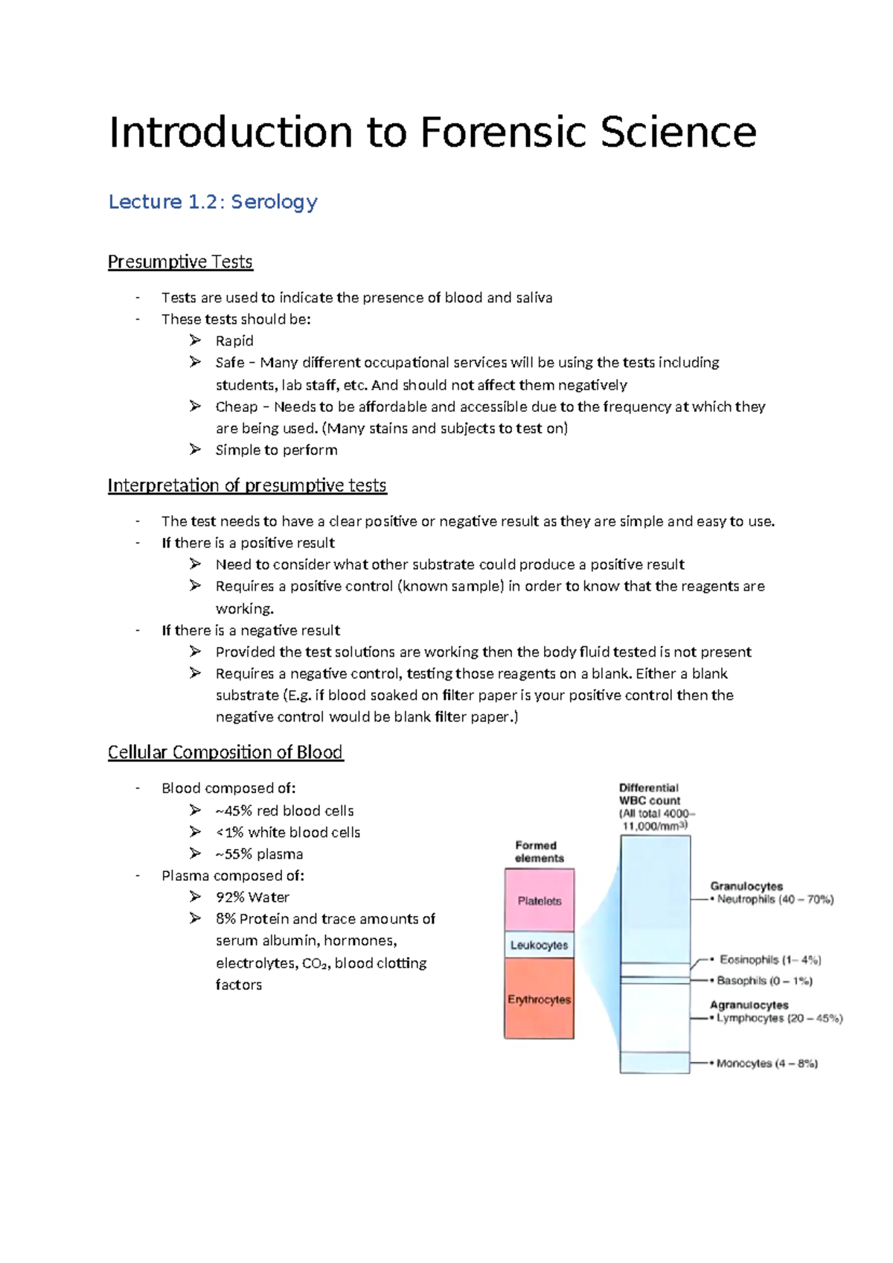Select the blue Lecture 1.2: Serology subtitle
[213, 202]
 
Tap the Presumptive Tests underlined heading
[180, 262]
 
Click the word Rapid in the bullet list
[234, 341]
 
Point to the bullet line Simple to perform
[276, 450]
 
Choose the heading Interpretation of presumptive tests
[247, 486]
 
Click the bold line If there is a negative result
[251, 630]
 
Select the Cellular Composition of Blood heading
[225, 752]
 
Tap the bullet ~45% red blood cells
[284, 810]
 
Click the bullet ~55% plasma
[259, 854]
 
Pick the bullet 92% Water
[252, 897]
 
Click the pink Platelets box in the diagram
[540, 900]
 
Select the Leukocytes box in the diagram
[540, 945]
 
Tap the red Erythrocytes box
[540, 999]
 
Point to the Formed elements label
[539, 851]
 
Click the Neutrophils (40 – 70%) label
[775, 900]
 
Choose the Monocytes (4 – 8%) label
[766, 1063]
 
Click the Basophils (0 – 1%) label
[764, 981]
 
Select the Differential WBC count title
[650, 794]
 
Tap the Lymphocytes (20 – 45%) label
[779, 1018]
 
